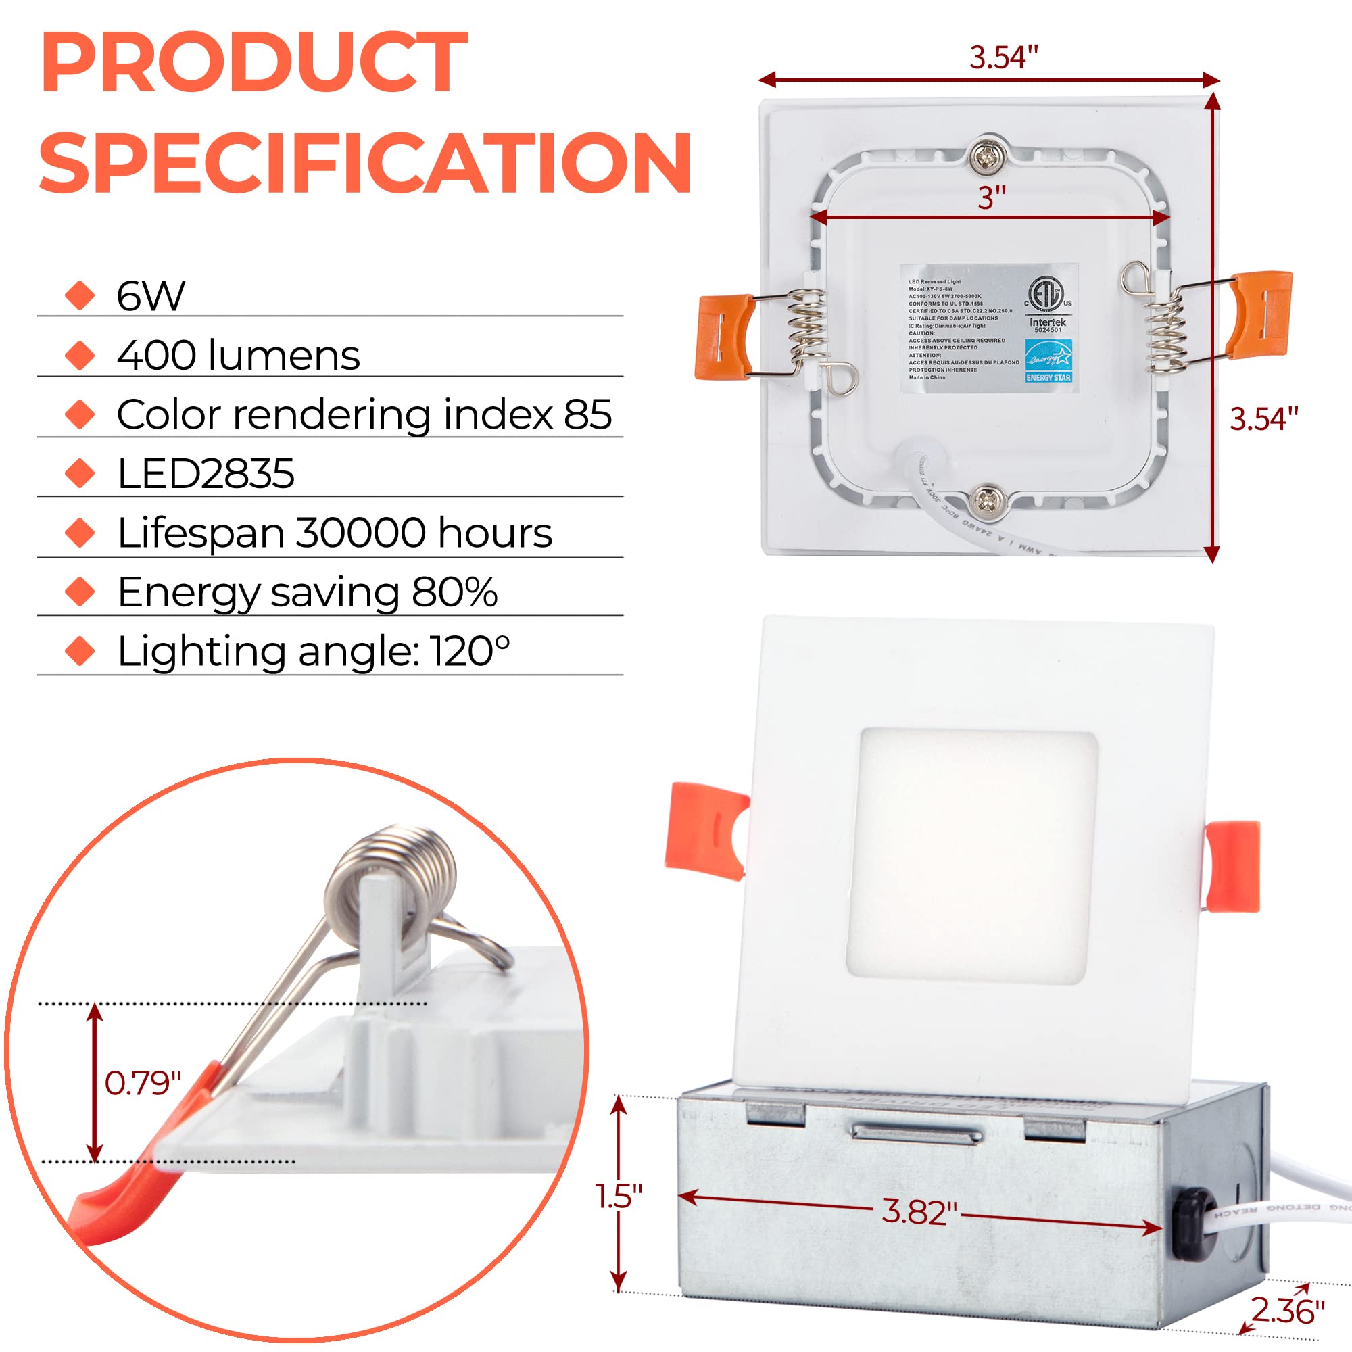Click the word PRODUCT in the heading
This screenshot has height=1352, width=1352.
254,63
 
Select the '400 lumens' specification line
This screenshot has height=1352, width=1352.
238,355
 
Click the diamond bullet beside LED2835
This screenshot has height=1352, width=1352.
80,474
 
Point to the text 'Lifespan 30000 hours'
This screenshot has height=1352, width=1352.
335,533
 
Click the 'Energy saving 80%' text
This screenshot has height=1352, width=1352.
307,592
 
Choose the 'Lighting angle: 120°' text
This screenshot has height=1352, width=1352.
314,652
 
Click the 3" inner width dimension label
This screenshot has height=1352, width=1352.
992,198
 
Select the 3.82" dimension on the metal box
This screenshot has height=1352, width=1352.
919,1211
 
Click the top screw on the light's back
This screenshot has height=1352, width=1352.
987,158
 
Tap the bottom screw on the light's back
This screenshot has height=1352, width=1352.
988,500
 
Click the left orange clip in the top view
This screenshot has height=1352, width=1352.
723,337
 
